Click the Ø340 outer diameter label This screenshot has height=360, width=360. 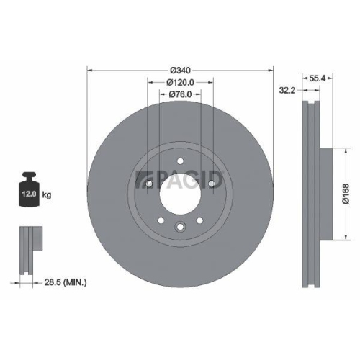click(180, 70)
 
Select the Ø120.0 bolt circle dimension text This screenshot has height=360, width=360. click(180, 82)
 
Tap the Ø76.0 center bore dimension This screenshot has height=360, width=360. click(180, 94)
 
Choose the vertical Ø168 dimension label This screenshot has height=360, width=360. click(346, 194)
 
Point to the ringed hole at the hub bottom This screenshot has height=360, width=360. click(180, 228)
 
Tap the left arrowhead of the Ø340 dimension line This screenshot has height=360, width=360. click(90, 70)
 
